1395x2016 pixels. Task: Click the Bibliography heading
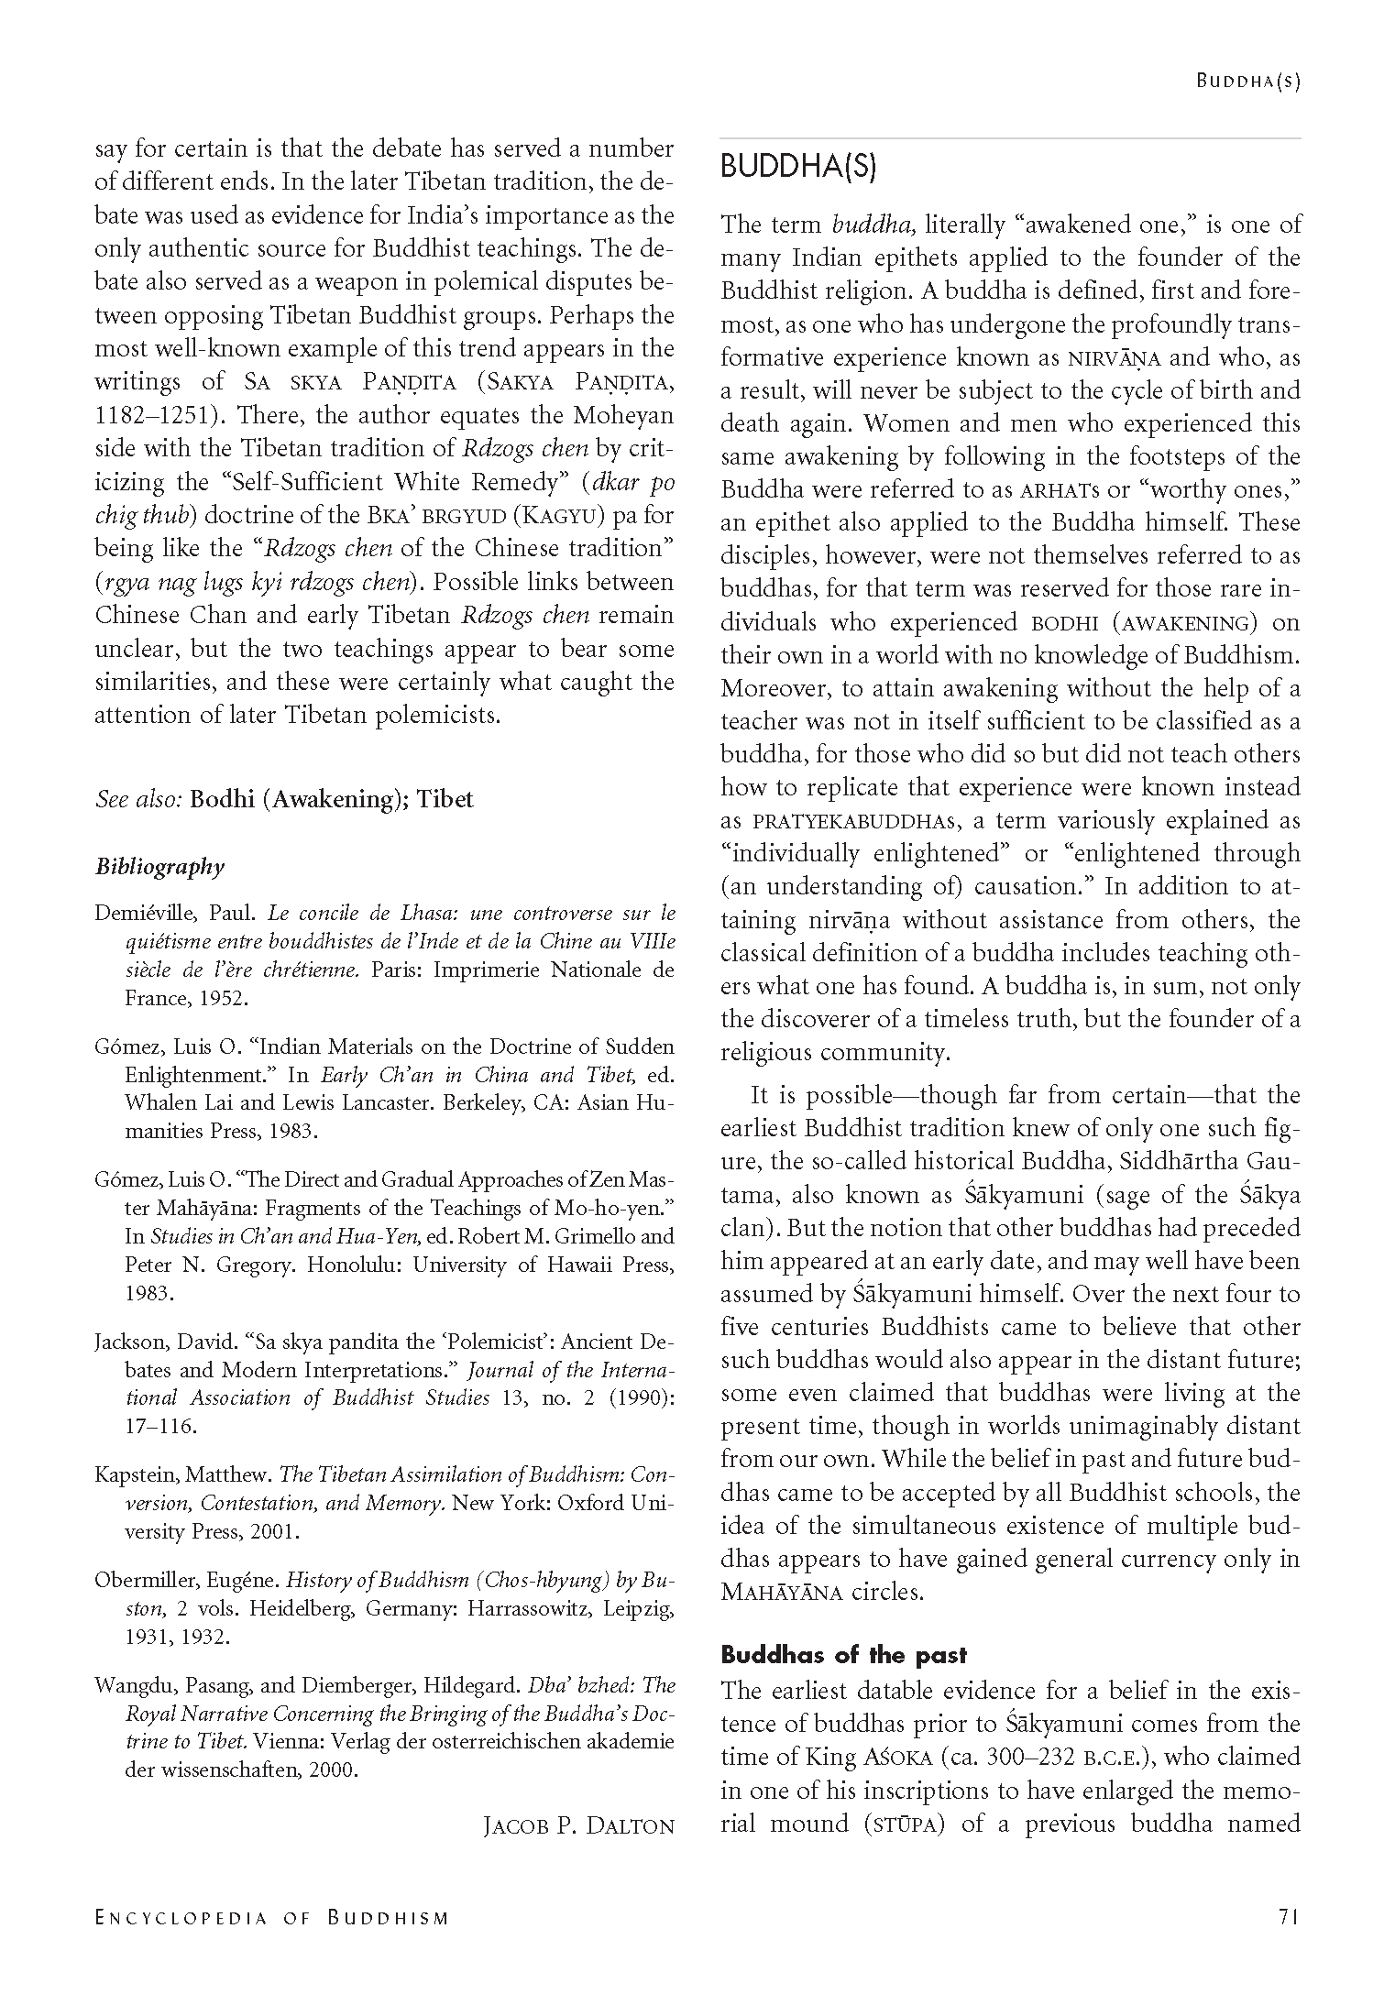click(159, 866)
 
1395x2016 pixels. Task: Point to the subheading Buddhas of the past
click(843, 1655)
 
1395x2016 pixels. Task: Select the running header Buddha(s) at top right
click(1247, 81)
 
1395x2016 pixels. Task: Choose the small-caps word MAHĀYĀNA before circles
click(781, 1593)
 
